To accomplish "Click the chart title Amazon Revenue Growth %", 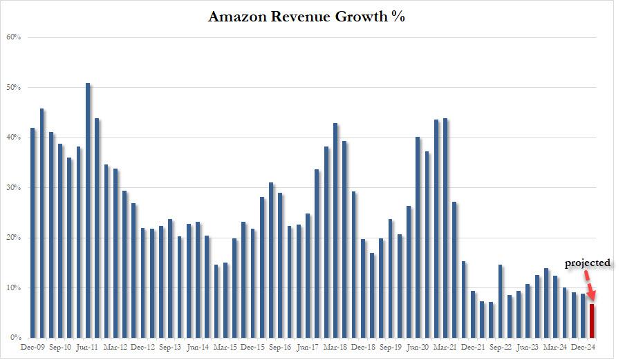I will pos(306,17).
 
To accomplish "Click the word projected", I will pos(588,263).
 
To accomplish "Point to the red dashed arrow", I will pos(587,283).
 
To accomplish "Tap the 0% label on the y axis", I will pos(13,338).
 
